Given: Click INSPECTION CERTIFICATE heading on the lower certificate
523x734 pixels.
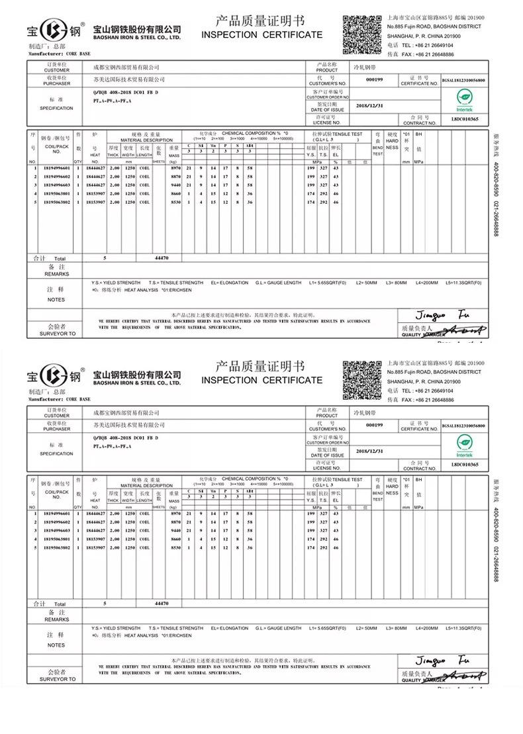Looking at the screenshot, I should pos(261,380).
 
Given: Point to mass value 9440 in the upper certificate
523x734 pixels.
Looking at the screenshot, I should pos(175,185).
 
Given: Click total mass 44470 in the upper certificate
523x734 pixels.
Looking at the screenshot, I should pos(162,257).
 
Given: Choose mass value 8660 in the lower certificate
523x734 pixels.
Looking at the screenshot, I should pos(175,539).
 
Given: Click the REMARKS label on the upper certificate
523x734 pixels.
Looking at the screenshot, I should pos(56,271).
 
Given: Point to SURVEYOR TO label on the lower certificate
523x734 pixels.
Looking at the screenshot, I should pos(57,679).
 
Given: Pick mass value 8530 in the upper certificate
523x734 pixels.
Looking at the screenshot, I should pos(175,202).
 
